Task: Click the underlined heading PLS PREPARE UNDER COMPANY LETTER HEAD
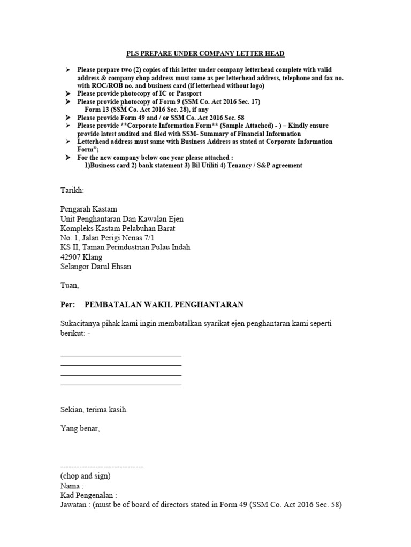(205, 54)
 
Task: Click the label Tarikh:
(72, 190)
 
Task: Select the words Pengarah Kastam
(88, 209)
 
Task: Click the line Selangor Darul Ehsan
(95, 267)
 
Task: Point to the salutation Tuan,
(69, 286)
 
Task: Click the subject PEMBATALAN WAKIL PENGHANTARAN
(164, 304)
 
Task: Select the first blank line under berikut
(121, 355)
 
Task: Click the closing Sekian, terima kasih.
(94, 410)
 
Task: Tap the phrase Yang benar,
(80, 428)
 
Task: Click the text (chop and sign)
(86, 476)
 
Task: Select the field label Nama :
(72, 486)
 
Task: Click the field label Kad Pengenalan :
(88, 495)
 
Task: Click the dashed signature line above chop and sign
(102, 467)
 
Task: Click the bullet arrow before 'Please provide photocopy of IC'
(67, 93)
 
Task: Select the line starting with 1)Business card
(193, 166)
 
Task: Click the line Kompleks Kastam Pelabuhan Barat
(118, 228)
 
